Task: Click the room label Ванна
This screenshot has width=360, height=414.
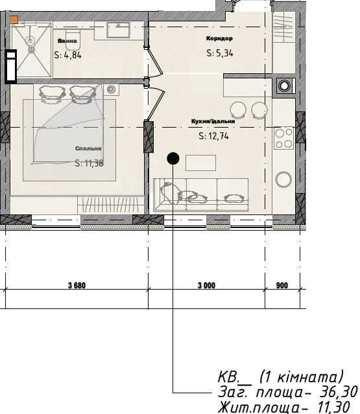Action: [x=67, y=41]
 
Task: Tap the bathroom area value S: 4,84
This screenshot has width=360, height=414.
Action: [x=68, y=55]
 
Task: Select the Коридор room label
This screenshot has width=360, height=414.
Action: [x=219, y=38]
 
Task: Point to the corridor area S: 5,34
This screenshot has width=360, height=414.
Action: [x=220, y=53]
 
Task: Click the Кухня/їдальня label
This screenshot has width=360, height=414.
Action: [x=213, y=121]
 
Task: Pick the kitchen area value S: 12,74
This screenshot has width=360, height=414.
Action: [x=213, y=136]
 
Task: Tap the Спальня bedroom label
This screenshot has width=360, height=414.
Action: [x=88, y=148]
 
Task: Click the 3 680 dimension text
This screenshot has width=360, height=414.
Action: [x=77, y=286]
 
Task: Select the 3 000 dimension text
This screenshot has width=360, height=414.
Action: [x=206, y=286]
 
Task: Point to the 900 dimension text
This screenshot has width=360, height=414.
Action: [x=282, y=286]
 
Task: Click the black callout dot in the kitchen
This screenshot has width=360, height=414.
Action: [x=173, y=159]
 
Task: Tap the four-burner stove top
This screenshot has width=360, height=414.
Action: [x=284, y=138]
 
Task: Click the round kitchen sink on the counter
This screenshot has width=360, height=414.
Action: [x=283, y=179]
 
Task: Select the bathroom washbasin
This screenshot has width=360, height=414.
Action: [x=118, y=30]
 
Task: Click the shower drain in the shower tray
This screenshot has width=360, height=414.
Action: [x=31, y=49]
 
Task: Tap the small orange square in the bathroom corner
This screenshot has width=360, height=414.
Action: [x=14, y=19]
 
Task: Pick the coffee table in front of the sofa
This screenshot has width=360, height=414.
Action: [x=200, y=163]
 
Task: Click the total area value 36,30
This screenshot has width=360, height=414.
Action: [x=339, y=392]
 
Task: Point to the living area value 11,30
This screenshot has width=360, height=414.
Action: [x=333, y=407]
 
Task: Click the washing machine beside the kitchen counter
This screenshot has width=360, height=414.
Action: [x=285, y=86]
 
